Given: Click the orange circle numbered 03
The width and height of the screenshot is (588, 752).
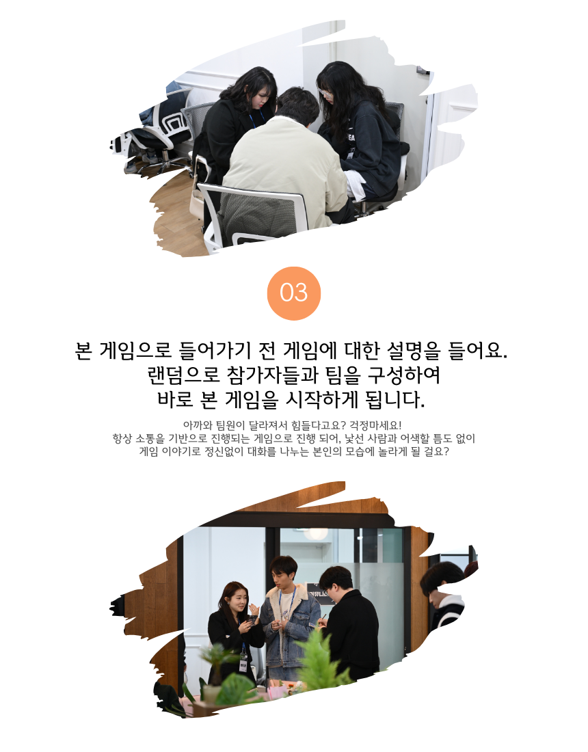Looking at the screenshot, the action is [293, 293].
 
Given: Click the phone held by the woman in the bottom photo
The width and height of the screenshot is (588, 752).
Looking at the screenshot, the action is [250, 619].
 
